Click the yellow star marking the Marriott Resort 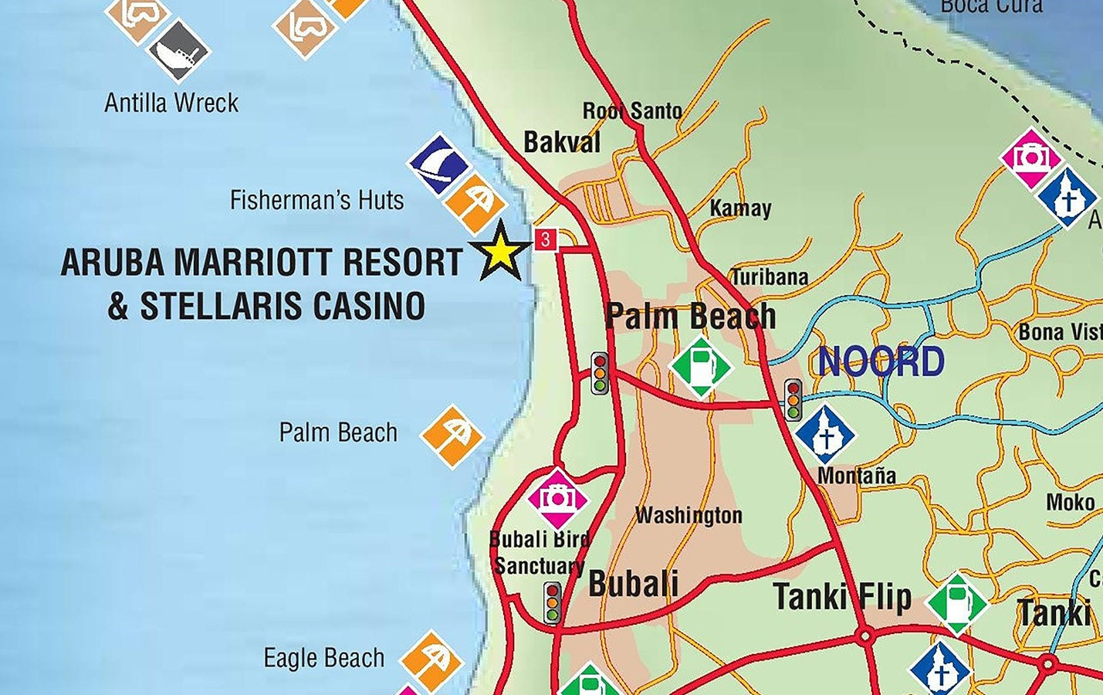[501, 251]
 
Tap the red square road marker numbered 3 [546, 239]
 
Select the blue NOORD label [881, 361]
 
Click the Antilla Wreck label [171, 103]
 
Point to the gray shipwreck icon [178, 51]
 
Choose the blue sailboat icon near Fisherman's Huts [438, 164]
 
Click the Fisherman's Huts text [316, 201]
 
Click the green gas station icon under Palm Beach [700, 366]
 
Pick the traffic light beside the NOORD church [793, 399]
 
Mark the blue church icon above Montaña [825, 435]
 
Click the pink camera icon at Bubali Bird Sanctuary [557, 498]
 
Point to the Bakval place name [561, 142]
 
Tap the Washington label [689, 515]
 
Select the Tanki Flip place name [842, 597]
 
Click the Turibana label [770, 277]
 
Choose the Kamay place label [740, 208]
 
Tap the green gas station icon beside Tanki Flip [957, 603]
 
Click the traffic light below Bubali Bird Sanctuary [552, 602]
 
